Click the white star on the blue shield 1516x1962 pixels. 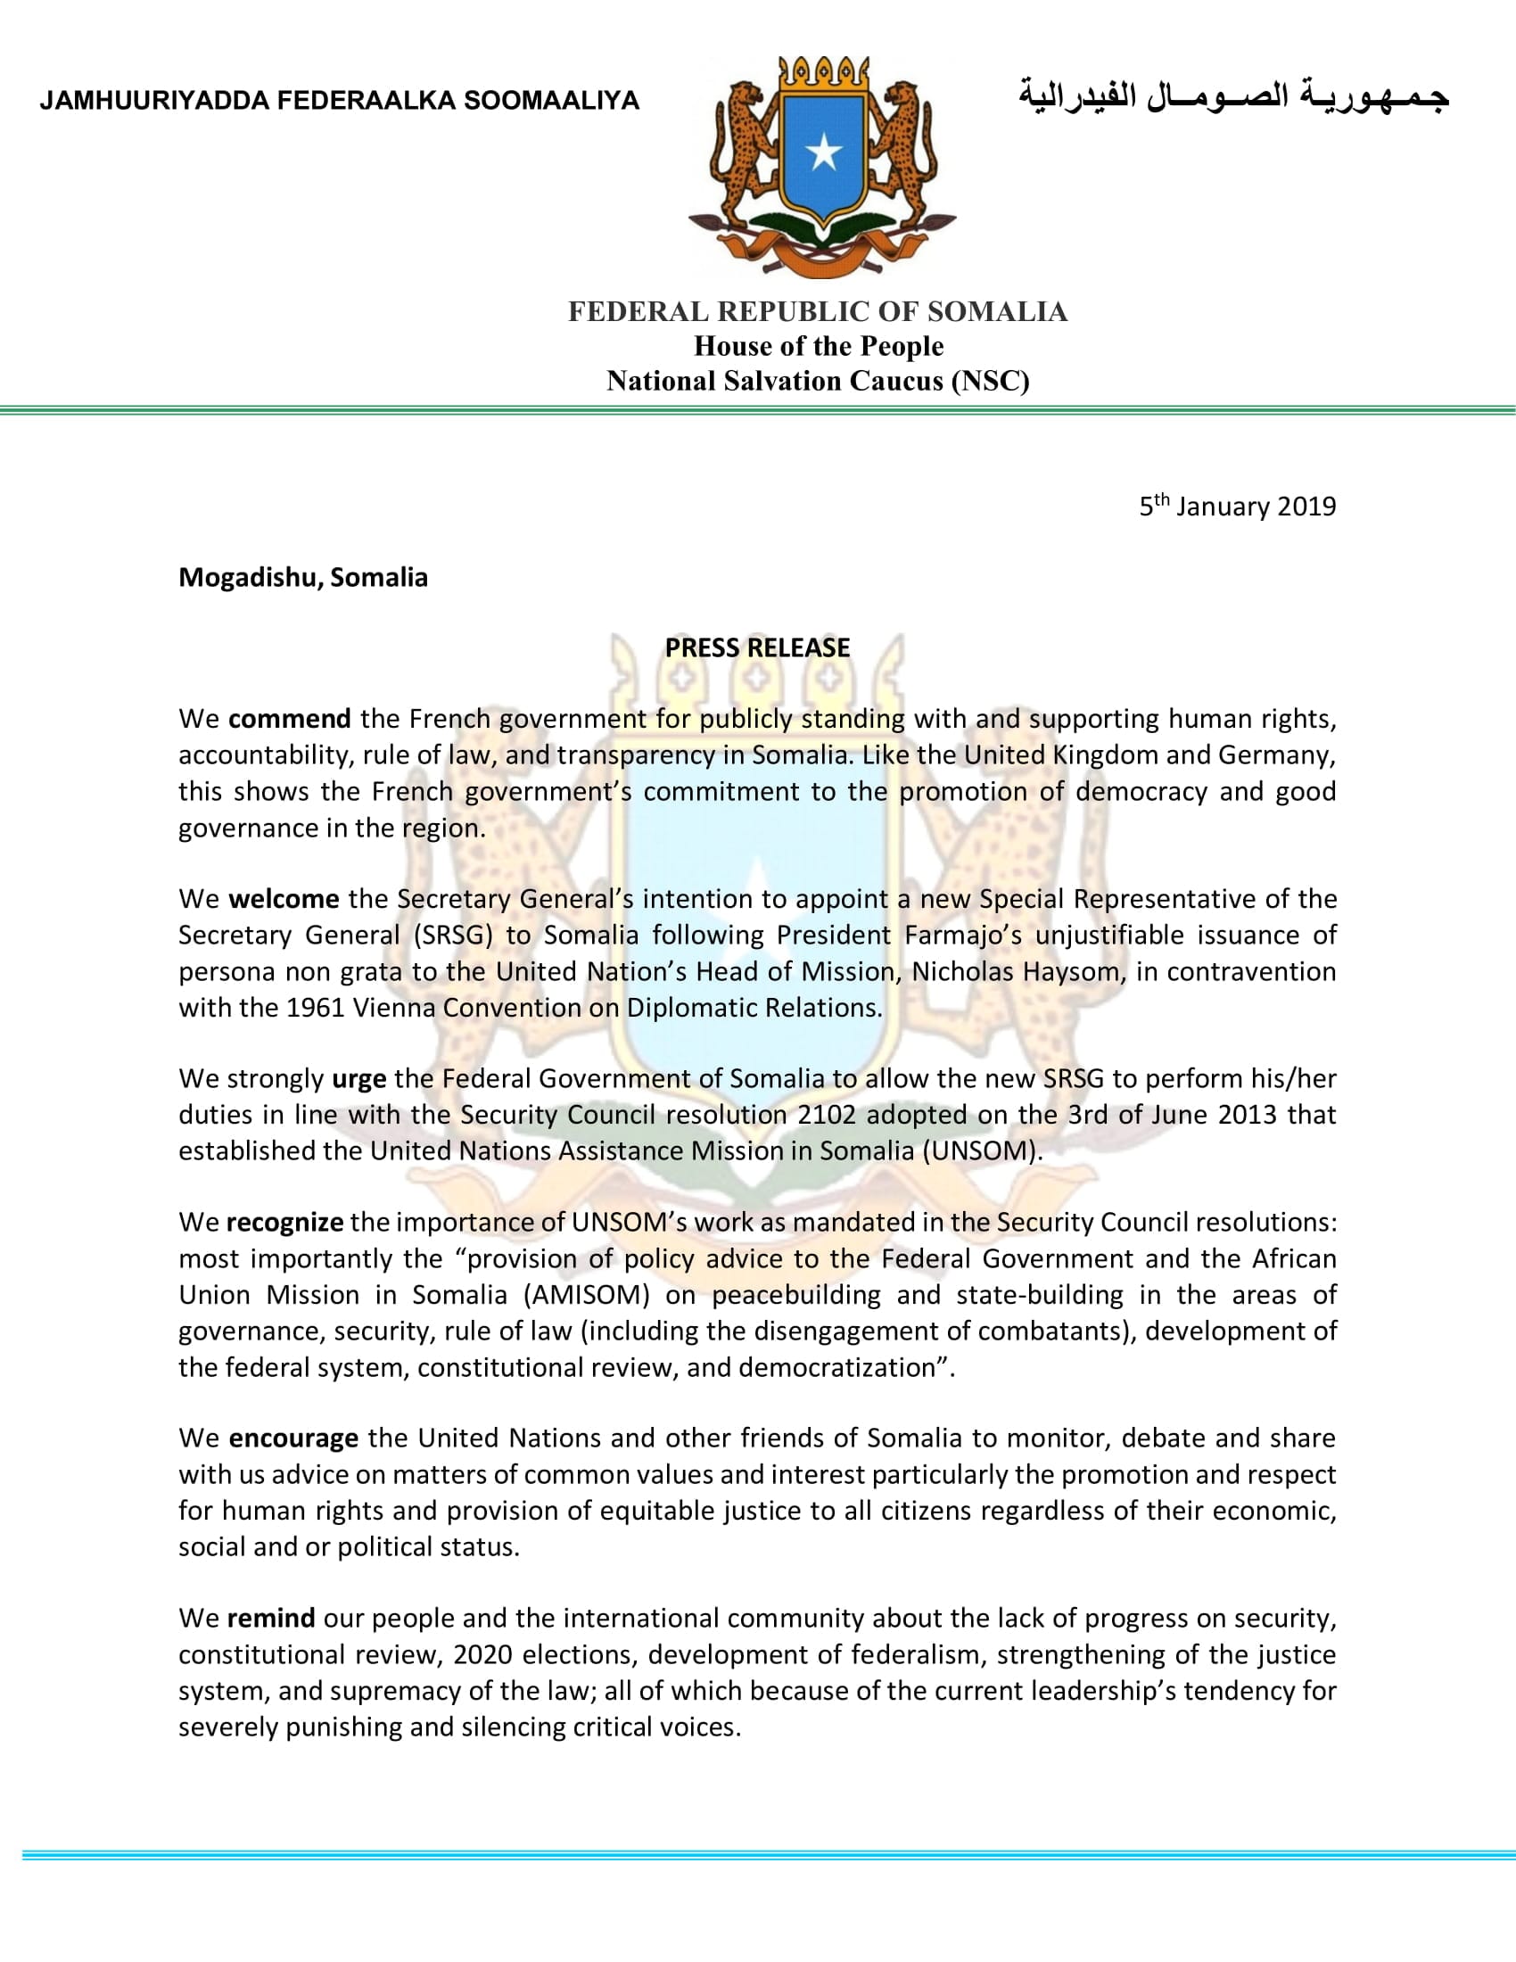click(x=823, y=153)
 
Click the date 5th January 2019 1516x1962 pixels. click(x=1237, y=506)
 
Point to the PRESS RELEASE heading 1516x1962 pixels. click(x=757, y=647)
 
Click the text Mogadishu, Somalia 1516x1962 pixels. click(x=302, y=577)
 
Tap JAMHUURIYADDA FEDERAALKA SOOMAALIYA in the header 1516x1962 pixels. click(x=339, y=100)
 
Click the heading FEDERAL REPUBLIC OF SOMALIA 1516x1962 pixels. click(x=817, y=312)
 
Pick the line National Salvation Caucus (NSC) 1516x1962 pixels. click(x=817, y=381)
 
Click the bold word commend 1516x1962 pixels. click(x=289, y=719)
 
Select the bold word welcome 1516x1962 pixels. click(x=284, y=898)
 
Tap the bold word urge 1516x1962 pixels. click(x=358, y=1078)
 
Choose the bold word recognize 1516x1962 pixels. click(x=284, y=1222)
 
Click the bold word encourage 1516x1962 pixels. click(x=292, y=1438)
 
